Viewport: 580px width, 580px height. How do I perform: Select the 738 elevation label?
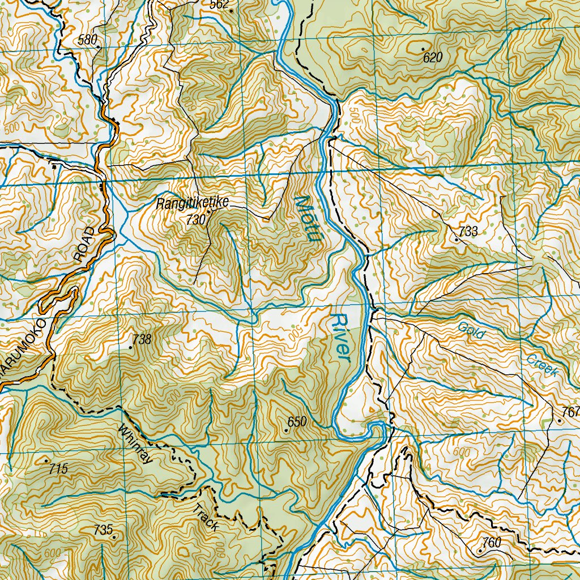click(x=142, y=339)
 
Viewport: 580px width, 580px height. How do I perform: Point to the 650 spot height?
click(x=297, y=421)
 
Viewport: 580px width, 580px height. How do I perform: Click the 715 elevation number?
click(x=58, y=468)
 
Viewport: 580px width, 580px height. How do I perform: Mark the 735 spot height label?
click(x=103, y=530)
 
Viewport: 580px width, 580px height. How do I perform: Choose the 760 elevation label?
click(x=492, y=543)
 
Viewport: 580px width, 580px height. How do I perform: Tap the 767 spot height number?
click(x=571, y=411)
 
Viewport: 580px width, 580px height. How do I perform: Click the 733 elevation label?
click(x=468, y=231)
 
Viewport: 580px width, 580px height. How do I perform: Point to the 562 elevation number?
click(x=219, y=5)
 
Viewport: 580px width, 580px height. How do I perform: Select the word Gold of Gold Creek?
click(x=471, y=330)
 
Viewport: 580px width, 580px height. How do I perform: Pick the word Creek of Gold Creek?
click(x=542, y=366)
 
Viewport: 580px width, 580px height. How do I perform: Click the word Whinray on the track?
click(x=137, y=444)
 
